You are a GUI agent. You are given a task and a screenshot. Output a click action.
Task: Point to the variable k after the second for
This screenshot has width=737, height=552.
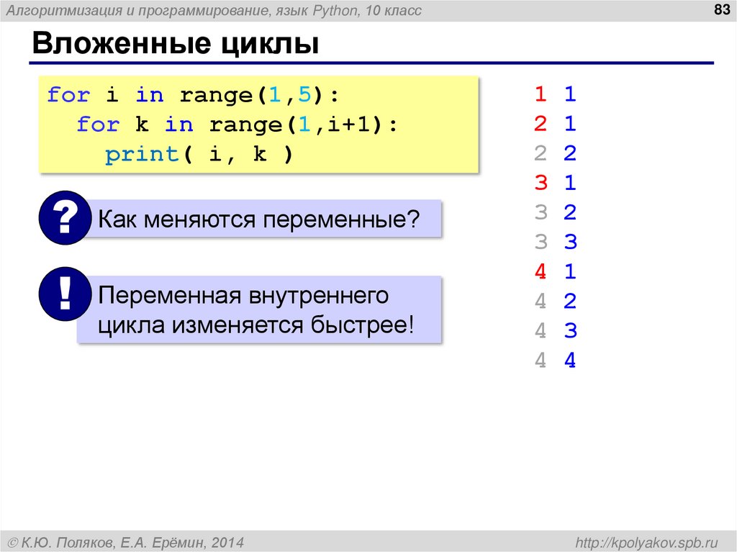(142, 125)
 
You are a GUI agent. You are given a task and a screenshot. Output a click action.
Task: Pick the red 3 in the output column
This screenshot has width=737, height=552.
(541, 183)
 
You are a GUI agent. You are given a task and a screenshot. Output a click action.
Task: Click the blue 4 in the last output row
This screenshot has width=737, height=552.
(570, 361)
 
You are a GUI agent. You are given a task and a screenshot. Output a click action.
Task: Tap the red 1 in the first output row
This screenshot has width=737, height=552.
(541, 94)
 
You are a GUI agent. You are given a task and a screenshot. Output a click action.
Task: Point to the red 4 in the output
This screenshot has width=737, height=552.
(541, 272)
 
